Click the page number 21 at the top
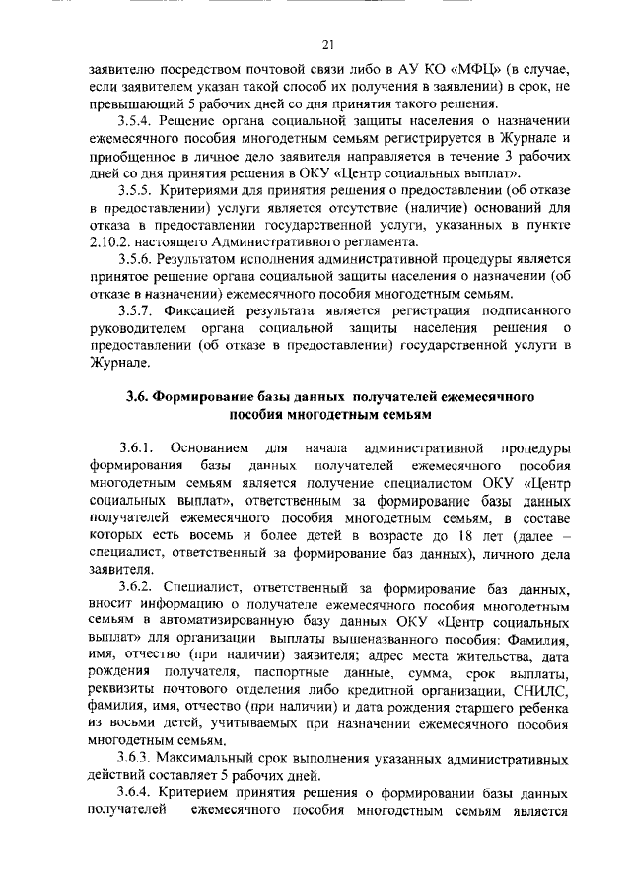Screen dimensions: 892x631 pos(327,43)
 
